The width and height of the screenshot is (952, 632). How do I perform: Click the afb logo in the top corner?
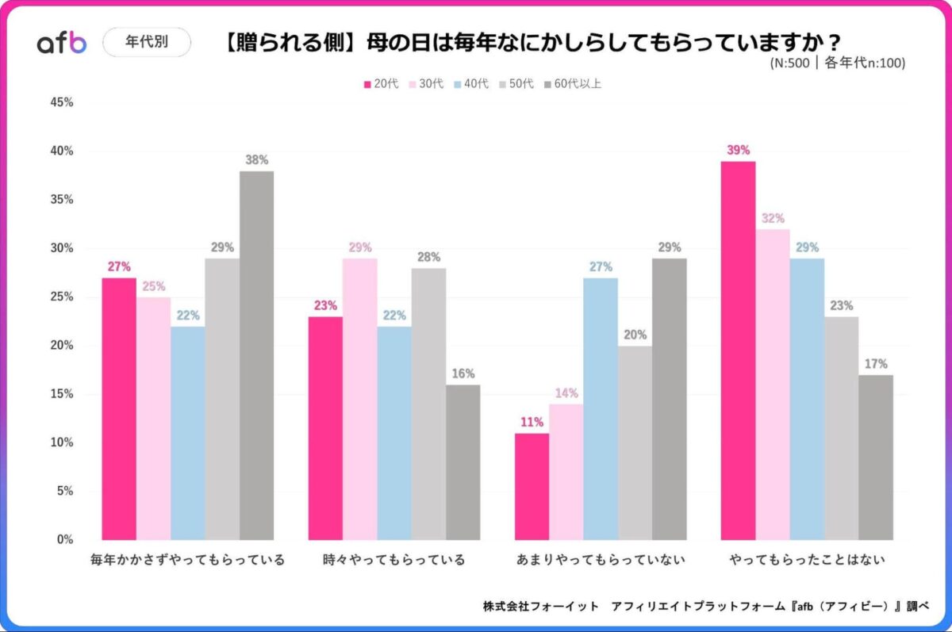coord(62,43)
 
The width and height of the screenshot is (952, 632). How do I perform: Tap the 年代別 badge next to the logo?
coord(147,43)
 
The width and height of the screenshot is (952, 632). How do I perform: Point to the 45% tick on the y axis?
coord(62,102)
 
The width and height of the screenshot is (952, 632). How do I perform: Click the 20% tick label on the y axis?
coord(62,345)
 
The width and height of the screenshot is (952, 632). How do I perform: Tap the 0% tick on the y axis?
coord(65,539)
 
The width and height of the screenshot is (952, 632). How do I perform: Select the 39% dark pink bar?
coord(738,350)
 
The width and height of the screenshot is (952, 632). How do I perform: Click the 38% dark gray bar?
coord(257,355)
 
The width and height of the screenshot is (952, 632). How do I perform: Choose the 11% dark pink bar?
coord(532,486)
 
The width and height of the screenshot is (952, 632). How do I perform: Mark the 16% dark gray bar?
coord(463,462)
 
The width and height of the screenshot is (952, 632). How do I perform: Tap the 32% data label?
coord(773,218)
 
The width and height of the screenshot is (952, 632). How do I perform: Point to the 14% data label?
coord(566,393)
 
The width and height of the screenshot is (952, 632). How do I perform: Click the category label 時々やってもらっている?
coord(394,560)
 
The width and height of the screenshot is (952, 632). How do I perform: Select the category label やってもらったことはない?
coord(807,560)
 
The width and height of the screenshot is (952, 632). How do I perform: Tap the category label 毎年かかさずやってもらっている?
coord(188,560)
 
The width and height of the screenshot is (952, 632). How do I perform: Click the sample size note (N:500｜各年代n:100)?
coord(837,63)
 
